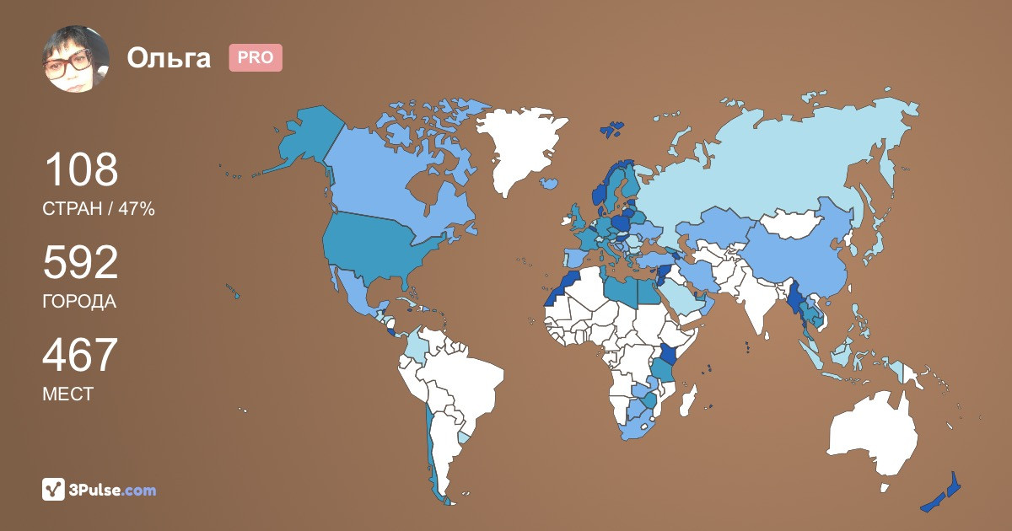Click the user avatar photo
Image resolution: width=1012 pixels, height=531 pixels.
pyautogui.click(x=76, y=58)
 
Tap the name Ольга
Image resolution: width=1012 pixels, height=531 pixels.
pyautogui.click(x=169, y=58)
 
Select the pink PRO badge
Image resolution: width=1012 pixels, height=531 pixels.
pyautogui.click(x=256, y=57)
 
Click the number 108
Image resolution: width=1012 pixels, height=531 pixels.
pyautogui.click(x=81, y=170)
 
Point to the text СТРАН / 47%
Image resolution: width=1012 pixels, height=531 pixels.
pyautogui.click(x=99, y=210)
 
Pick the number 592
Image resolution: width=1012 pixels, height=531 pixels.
pyautogui.click(x=81, y=263)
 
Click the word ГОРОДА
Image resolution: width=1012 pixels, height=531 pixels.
pyautogui.click(x=79, y=302)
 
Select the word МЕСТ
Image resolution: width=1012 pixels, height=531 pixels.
pyautogui.click(x=68, y=394)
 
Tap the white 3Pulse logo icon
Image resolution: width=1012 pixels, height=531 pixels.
pyautogui.click(x=54, y=490)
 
